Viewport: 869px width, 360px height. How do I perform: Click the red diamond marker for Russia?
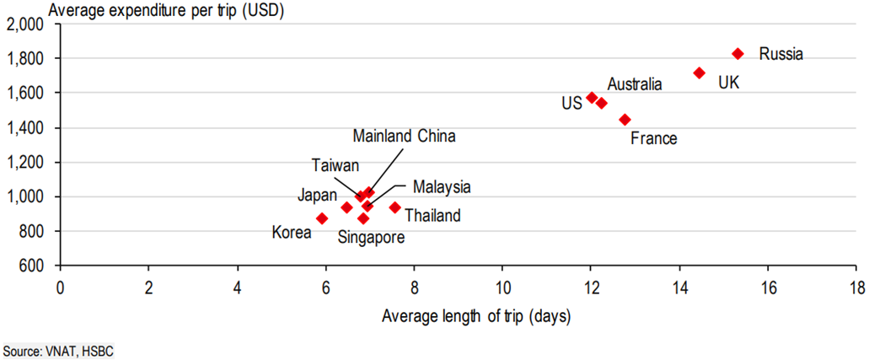click(738, 53)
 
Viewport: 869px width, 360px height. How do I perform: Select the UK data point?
click(699, 73)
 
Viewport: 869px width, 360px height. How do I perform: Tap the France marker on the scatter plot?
click(625, 120)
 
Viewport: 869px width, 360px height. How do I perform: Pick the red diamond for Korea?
click(321, 218)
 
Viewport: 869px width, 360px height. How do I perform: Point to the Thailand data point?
click(394, 207)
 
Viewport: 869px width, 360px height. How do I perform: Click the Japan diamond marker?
click(346, 207)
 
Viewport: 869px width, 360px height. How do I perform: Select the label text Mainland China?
click(404, 136)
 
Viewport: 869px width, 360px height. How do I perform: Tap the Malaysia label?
click(442, 186)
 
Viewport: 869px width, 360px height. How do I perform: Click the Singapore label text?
click(371, 238)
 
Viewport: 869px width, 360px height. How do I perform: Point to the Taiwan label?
click(335, 164)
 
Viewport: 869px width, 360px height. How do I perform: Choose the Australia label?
click(635, 83)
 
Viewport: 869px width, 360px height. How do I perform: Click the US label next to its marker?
click(571, 103)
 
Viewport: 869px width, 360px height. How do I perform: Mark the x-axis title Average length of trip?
click(476, 316)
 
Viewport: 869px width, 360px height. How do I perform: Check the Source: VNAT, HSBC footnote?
click(56, 349)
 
